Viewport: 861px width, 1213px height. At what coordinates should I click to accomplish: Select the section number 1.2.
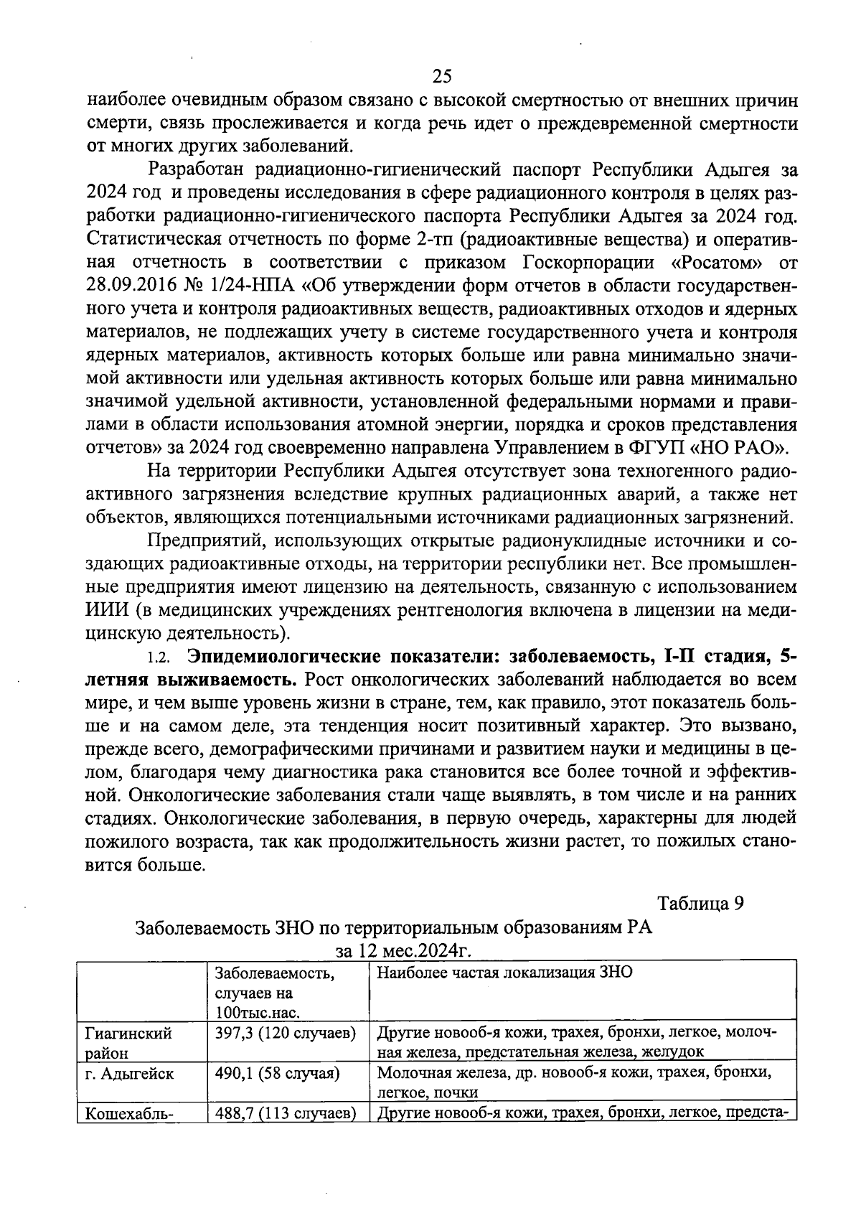[x=157, y=657]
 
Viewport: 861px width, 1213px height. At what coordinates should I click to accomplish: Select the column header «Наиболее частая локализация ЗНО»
[x=504, y=975]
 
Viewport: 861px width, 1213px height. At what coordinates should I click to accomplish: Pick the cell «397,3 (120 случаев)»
[x=286, y=1034]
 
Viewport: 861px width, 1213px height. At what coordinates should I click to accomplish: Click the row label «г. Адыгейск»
[x=129, y=1074]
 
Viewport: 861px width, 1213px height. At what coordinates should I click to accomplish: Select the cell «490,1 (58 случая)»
[x=277, y=1074]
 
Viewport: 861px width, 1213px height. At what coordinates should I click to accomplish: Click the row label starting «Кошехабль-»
[x=125, y=1114]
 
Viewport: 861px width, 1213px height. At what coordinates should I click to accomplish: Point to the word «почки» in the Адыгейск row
[x=458, y=1092]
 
